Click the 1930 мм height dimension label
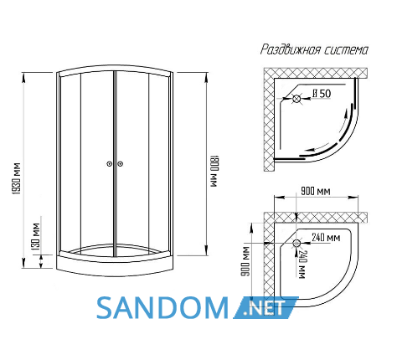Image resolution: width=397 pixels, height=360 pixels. pyautogui.click(x=17, y=178)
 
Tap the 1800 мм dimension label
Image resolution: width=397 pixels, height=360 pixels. pyautogui.click(x=214, y=171)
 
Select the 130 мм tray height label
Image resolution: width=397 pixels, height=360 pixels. pyautogui.click(x=36, y=237)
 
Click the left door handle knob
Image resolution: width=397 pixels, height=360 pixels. pyautogui.click(x=110, y=164)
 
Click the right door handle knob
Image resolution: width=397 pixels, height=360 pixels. pyautogui.click(x=120, y=164)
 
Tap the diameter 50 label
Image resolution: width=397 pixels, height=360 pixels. pyautogui.click(x=322, y=94)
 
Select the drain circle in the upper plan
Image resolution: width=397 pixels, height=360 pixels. pyautogui.click(x=296, y=99)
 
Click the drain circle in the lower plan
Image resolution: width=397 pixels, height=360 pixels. pyautogui.click(x=296, y=243)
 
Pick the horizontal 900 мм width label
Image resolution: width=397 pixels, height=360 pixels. pyautogui.click(x=316, y=191)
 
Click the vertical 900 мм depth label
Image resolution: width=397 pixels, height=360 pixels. pyautogui.click(x=245, y=261)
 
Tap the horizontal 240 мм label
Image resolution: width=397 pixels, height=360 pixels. pyautogui.click(x=326, y=238)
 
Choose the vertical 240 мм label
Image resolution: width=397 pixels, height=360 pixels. pyautogui.click(x=302, y=265)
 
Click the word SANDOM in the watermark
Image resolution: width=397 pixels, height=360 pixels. pyautogui.click(x=162, y=308)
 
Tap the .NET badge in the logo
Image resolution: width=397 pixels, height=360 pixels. pyautogui.click(x=266, y=307)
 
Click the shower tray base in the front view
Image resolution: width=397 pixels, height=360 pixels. pyautogui.click(x=115, y=266)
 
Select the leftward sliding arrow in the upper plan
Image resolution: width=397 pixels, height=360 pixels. pyautogui.click(x=318, y=147)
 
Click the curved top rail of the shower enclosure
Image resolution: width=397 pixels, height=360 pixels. pyautogui.click(x=115, y=69)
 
